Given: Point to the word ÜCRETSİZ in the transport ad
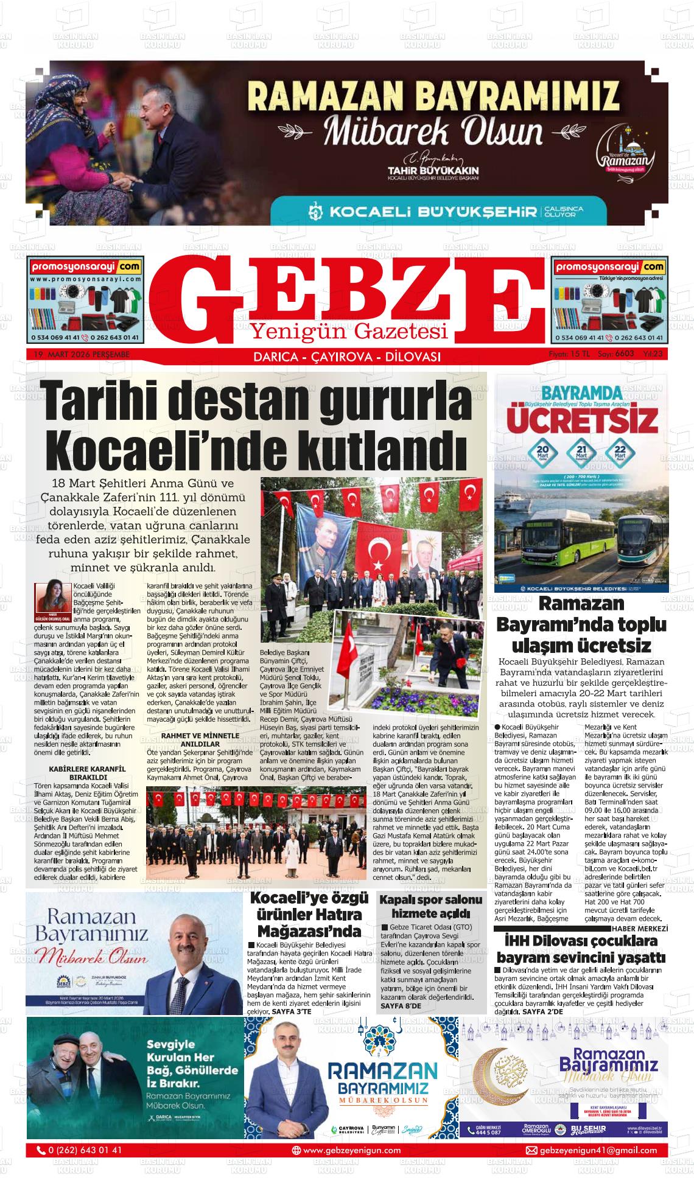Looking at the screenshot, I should pos(583,419).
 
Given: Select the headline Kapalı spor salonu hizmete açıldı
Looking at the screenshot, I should pos(430,906).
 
